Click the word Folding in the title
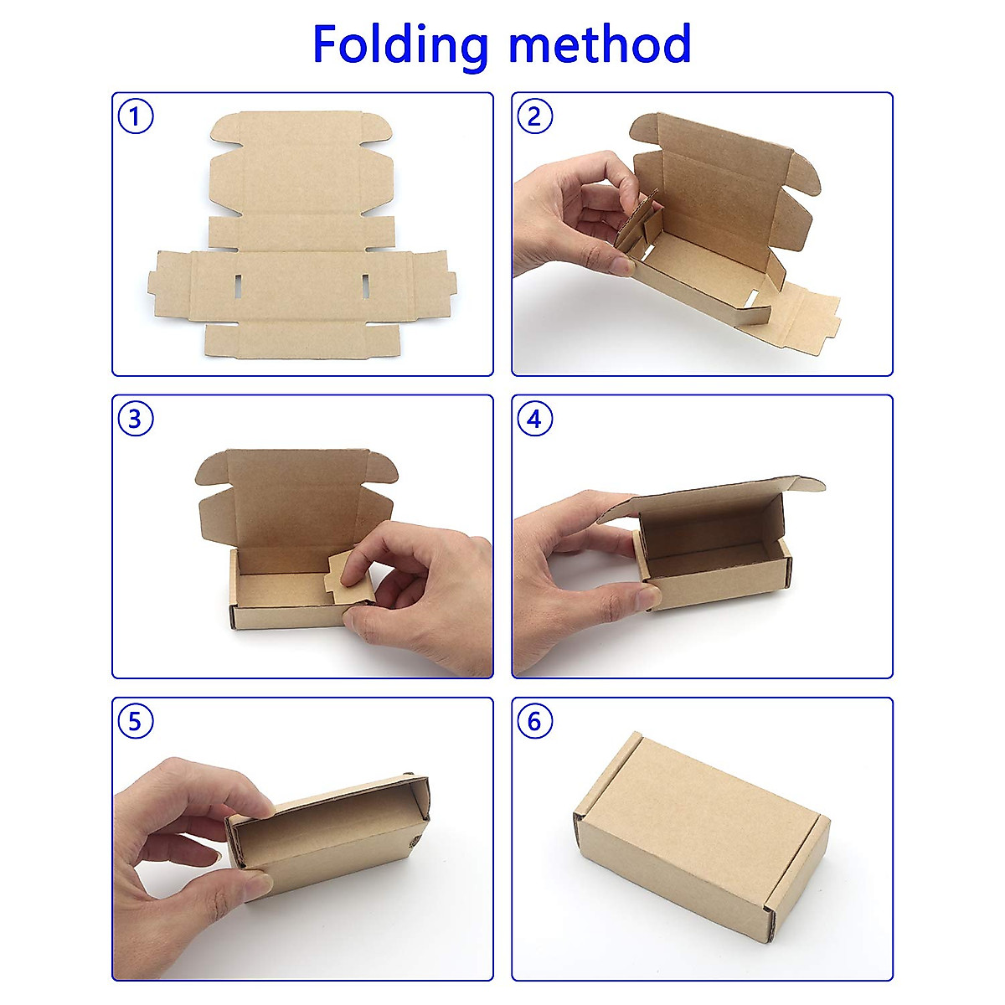(399, 44)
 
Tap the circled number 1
(136, 116)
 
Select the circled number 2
(535, 116)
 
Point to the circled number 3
(136, 419)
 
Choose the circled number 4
(535, 419)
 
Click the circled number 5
(136, 721)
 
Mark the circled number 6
(535, 721)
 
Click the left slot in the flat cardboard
(238, 285)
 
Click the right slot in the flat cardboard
(366, 285)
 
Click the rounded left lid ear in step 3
(211, 471)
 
